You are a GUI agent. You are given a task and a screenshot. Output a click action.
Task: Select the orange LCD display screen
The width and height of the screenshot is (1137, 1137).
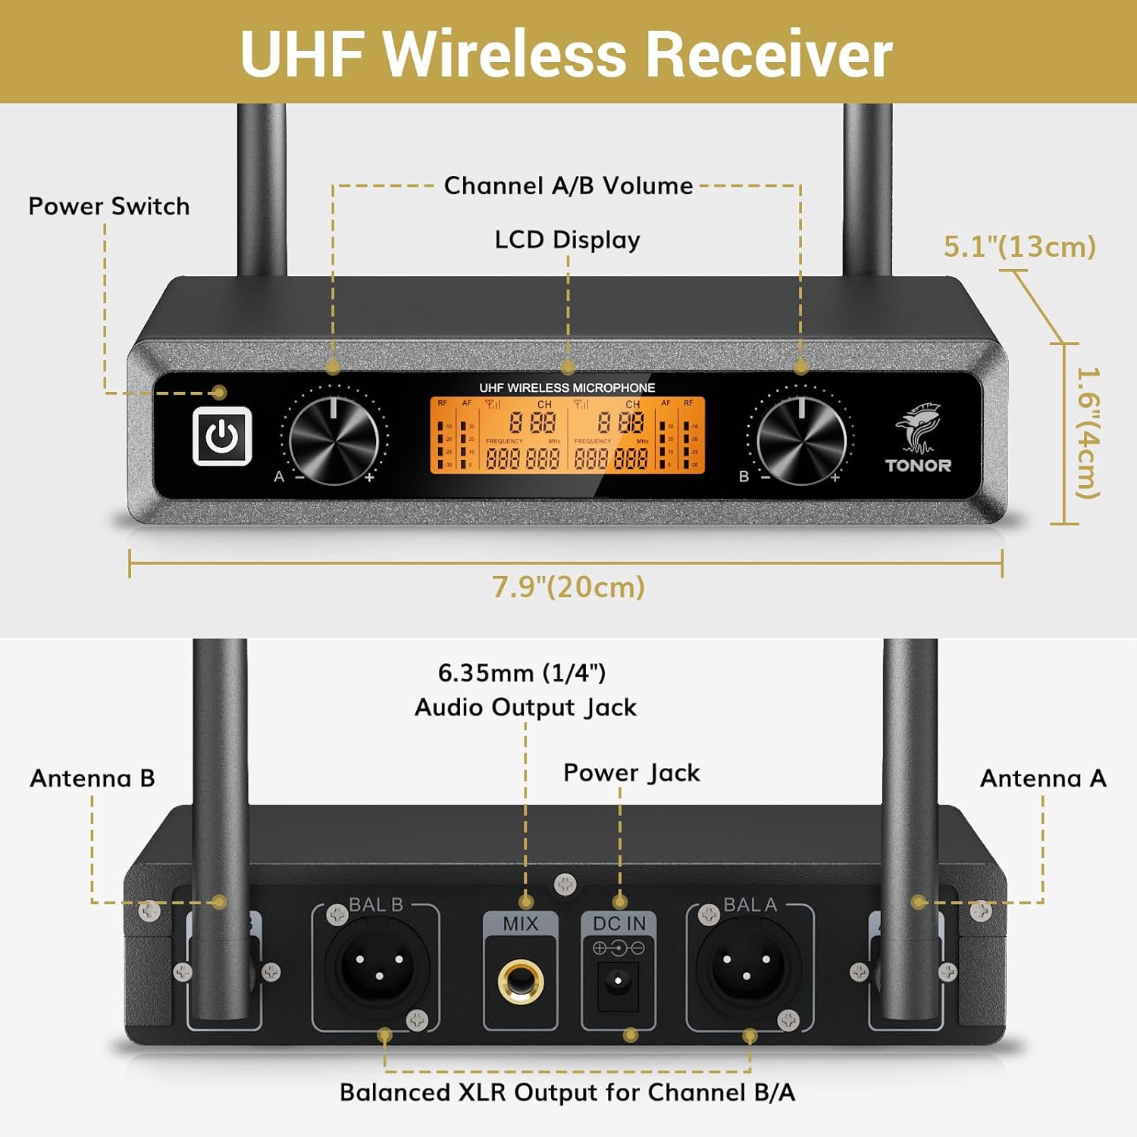[568, 436]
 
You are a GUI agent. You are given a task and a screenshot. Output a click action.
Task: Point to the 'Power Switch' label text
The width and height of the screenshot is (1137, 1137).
[108, 206]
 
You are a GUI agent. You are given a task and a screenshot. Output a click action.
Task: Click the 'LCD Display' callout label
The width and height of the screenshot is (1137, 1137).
[567, 240]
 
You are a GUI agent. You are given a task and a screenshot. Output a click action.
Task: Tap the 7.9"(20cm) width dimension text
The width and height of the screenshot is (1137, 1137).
[568, 587]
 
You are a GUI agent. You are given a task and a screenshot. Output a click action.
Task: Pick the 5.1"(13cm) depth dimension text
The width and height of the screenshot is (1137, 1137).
[1020, 246]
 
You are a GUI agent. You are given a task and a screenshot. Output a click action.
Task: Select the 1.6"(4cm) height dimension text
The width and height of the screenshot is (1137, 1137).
[1088, 433]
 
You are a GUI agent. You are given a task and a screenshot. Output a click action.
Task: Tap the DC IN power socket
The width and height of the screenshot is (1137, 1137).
[619, 982]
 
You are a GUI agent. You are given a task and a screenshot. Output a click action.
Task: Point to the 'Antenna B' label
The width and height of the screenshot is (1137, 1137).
[92, 778]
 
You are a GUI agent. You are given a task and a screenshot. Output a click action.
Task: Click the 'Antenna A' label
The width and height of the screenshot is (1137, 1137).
[1043, 778]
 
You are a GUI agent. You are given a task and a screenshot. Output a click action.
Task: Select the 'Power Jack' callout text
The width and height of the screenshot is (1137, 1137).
[631, 772]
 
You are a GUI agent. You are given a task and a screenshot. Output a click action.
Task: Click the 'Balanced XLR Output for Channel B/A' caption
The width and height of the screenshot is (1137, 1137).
[567, 1092]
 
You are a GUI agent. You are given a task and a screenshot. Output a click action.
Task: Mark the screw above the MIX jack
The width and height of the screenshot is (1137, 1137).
[565, 884]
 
